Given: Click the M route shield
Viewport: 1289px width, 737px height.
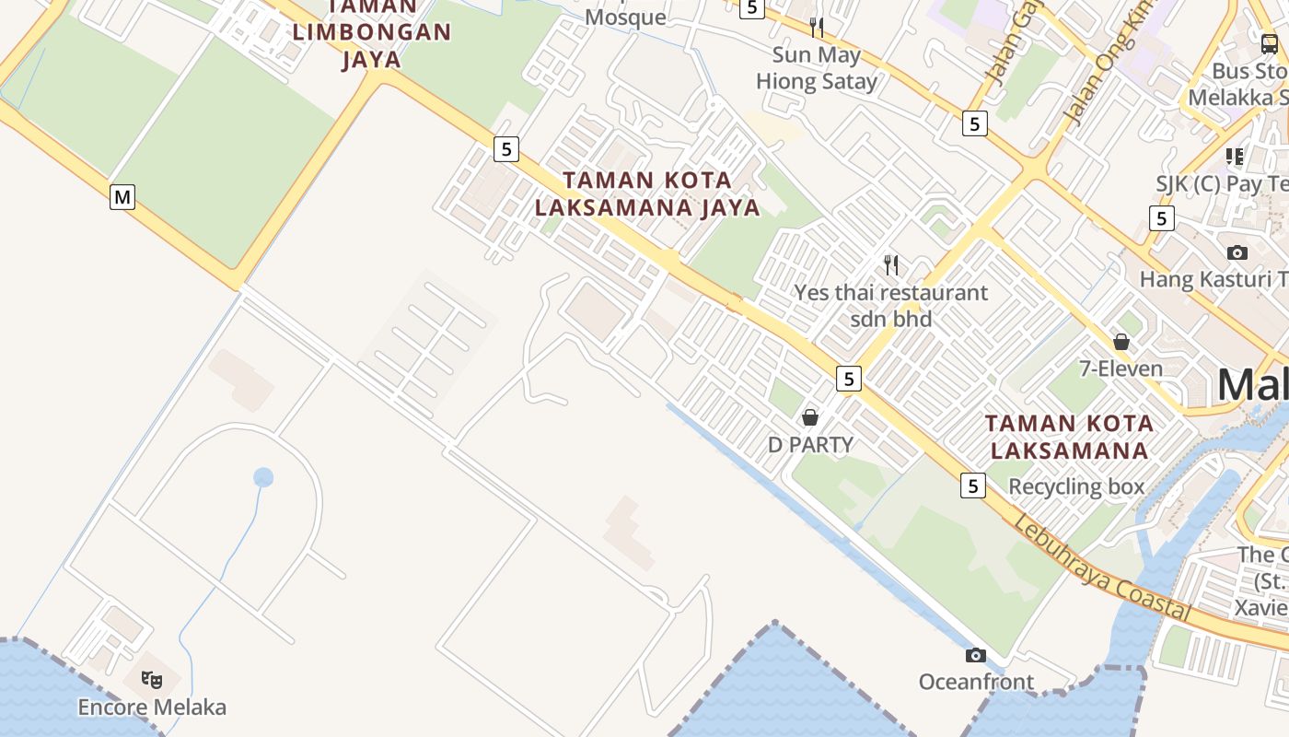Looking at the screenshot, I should point(122,196).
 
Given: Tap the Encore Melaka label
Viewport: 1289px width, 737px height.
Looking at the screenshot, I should point(152,708).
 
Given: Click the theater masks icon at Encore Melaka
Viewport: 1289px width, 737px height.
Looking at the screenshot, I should point(152,680).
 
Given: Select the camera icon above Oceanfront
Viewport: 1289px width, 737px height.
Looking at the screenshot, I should point(976,655).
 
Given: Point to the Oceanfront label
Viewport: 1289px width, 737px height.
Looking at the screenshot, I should point(976,683).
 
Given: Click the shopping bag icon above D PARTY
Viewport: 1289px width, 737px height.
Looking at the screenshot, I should point(810,417).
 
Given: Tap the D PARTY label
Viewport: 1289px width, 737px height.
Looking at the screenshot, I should point(810,445).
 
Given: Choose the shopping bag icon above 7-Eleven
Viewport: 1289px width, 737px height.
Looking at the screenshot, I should point(1121,342).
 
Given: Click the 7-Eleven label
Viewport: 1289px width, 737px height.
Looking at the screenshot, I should point(1121,369).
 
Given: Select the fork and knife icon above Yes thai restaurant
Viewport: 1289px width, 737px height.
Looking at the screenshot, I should point(891,265).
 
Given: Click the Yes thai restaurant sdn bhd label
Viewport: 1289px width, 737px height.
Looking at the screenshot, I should point(891,306).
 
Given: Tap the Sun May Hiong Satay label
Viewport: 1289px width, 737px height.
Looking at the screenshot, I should point(817,68).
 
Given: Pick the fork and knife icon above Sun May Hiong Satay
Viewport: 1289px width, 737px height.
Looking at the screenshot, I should point(817,27).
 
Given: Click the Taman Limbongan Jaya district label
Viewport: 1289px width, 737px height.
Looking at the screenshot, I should point(372,33).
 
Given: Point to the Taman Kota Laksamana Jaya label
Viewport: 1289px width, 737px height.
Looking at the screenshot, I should point(648,193).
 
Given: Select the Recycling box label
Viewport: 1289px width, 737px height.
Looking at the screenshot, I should point(1076,486).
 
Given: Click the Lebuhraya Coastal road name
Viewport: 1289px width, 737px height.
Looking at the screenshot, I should point(1102,569).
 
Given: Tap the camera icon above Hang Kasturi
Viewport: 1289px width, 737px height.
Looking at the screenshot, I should point(1237,252).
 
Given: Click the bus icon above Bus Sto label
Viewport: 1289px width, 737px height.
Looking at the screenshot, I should point(1269,43).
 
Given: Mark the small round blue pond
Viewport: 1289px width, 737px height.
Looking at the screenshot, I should point(263,477).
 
